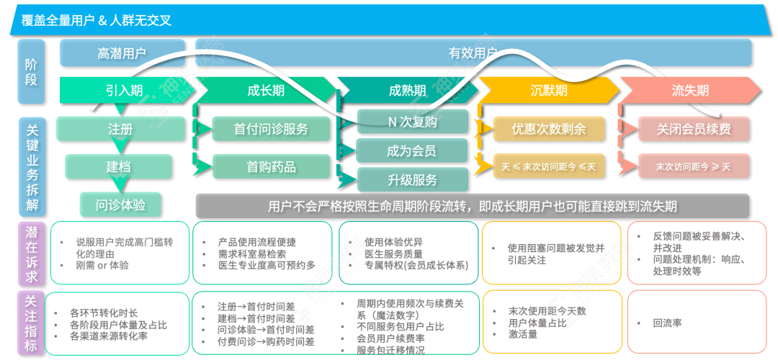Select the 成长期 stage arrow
pos(265,90)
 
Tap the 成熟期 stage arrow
pos(407,90)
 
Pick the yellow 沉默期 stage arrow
pos(548,90)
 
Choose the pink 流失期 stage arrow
pos(689,90)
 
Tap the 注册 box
pos(120,129)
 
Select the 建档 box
pos(119,166)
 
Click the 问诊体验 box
pos(120,204)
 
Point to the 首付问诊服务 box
pos(271,129)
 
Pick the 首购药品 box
pos(271,166)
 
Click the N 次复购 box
pos(412,122)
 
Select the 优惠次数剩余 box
pos(548,129)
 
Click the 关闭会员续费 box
pos(693,129)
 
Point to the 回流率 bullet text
pos(667,323)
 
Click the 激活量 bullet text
pos(523,334)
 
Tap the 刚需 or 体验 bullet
pos(102,264)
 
